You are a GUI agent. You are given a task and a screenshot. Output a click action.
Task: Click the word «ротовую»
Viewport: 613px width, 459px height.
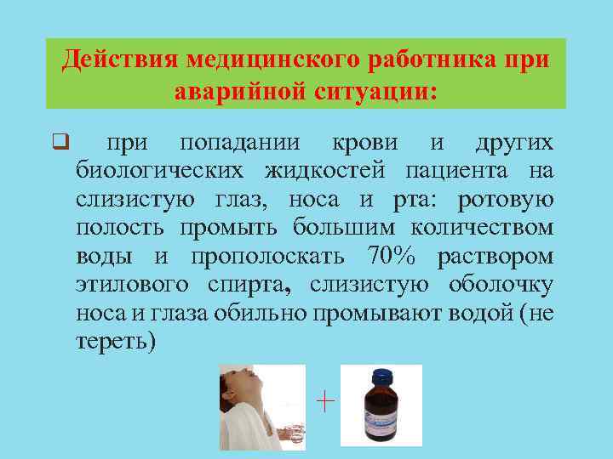(506, 200)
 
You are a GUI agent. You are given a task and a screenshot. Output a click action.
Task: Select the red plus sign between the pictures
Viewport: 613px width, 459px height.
(324, 400)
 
